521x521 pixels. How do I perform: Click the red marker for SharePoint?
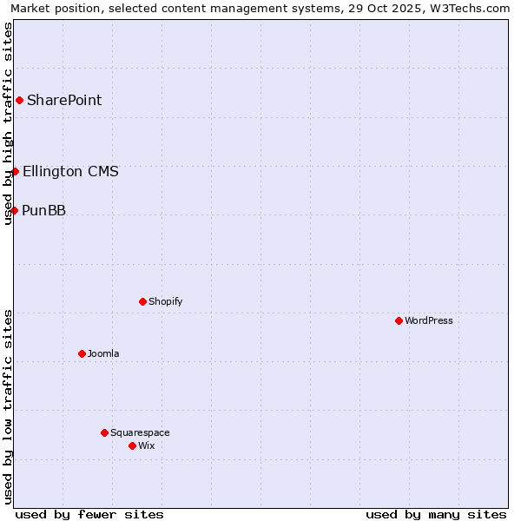click(19, 100)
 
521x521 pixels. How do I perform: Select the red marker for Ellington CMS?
click(15, 171)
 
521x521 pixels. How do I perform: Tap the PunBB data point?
click(14, 210)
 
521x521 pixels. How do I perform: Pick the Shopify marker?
click(142, 301)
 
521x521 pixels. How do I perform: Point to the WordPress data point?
click(399, 320)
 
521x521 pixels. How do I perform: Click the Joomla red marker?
click(82, 353)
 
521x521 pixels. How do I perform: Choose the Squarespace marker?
click(104, 432)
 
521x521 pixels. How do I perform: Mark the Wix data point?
click(132, 445)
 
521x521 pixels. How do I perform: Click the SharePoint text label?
click(64, 100)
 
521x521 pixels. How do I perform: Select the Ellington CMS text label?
click(70, 171)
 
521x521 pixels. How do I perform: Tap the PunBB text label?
click(43, 210)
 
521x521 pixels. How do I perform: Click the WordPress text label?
click(429, 320)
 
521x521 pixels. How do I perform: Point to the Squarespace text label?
click(140, 432)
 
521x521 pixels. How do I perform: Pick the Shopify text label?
click(165, 301)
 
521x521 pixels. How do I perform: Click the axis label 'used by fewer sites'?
click(89, 514)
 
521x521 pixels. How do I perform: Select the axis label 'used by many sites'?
click(436, 514)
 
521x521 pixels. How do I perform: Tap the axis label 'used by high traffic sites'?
click(8, 123)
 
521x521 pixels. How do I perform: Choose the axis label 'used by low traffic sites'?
click(8, 406)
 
